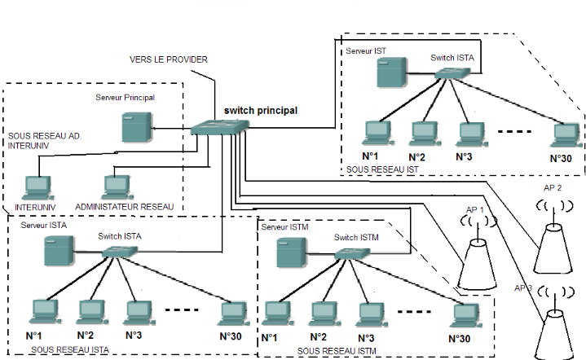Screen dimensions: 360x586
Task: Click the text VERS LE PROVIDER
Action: (169, 60)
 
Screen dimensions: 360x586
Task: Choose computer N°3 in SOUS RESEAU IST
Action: (467, 132)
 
